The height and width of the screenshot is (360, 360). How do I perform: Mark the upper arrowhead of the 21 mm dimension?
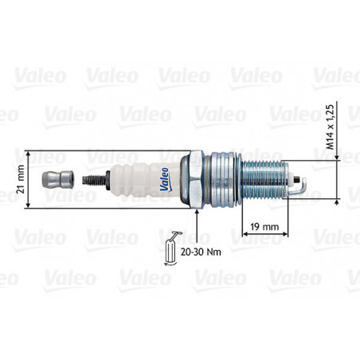pos(30,151)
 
